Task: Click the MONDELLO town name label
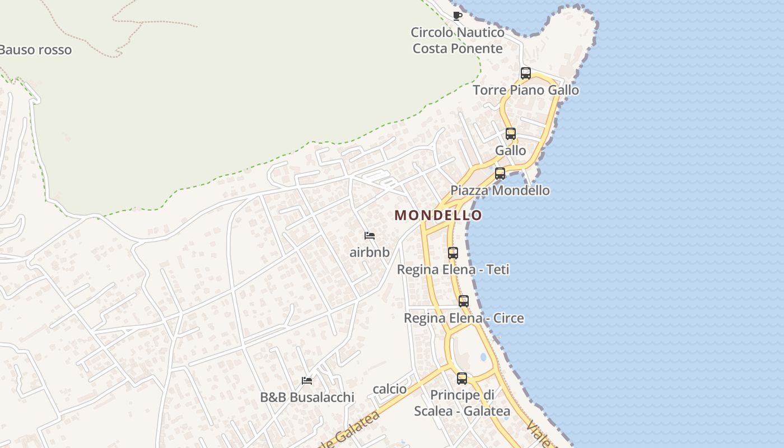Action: pyautogui.click(x=438, y=215)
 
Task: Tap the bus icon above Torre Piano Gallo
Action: pyautogui.click(x=525, y=73)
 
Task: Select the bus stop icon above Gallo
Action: pyautogui.click(x=510, y=134)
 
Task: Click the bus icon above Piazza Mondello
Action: pyautogui.click(x=500, y=174)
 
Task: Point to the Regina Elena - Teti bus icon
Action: pyautogui.click(x=452, y=253)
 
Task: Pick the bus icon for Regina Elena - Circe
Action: pyautogui.click(x=464, y=301)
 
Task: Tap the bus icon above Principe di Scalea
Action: pyautogui.click(x=461, y=379)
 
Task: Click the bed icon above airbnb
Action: pyautogui.click(x=370, y=236)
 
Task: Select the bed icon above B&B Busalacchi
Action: pyautogui.click(x=307, y=381)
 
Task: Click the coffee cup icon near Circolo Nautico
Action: pyautogui.click(x=457, y=16)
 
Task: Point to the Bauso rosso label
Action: pyautogui.click(x=36, y=50)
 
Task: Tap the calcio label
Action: pyautogui.click(x=390, y=389)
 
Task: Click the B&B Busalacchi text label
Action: pyautogui.click(x=307, y=398)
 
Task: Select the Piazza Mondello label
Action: pyautogui.click(x=500, y=190)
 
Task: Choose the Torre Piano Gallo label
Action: pyautogui.click(x=526, y=90)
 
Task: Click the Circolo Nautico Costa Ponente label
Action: pyautogui.click(x=458, y=40)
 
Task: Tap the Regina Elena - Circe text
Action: pyautogui.click(x=464, y=318)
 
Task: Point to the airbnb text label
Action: pyautogui.click(x=370, y=252)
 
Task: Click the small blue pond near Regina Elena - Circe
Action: pyautogui.click(x=483, y=357)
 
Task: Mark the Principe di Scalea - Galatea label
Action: pyautogui.click(x=462, y=403)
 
